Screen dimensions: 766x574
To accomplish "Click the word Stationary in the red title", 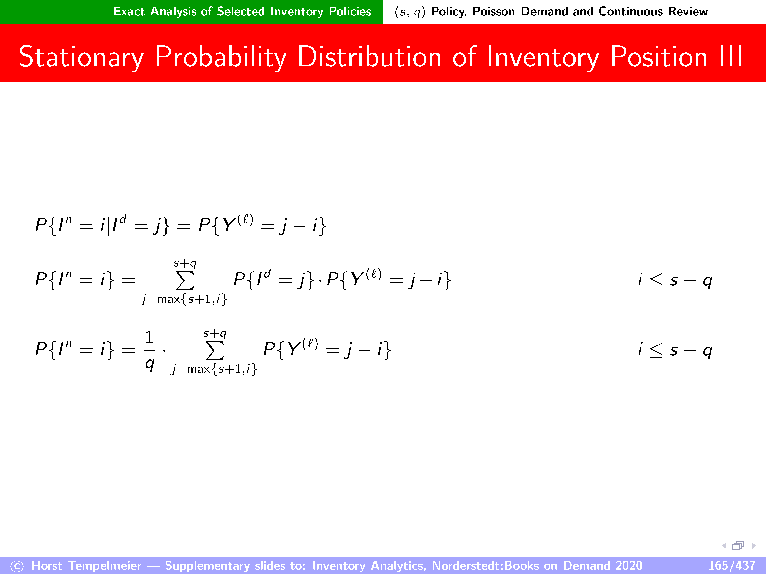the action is pos(81,57).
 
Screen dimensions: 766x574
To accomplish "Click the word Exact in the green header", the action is pos(129,11).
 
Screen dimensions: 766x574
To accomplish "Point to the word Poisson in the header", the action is pos(493,11).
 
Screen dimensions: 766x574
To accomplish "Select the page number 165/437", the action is pos(731,565).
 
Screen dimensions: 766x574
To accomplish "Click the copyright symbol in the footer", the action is pos(17,566).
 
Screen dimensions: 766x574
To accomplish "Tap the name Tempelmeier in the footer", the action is pos(105,566).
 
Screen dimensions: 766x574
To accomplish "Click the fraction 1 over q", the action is pos(150,350).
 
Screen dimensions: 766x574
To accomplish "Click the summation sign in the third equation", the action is pos(215,351).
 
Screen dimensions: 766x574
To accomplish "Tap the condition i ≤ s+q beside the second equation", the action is pos(675,280).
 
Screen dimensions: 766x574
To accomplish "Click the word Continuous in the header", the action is pos(630,11).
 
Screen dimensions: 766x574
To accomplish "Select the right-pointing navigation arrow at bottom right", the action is pos(754,546).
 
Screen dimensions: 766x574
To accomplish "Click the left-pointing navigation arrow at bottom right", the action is pos(724,546).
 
